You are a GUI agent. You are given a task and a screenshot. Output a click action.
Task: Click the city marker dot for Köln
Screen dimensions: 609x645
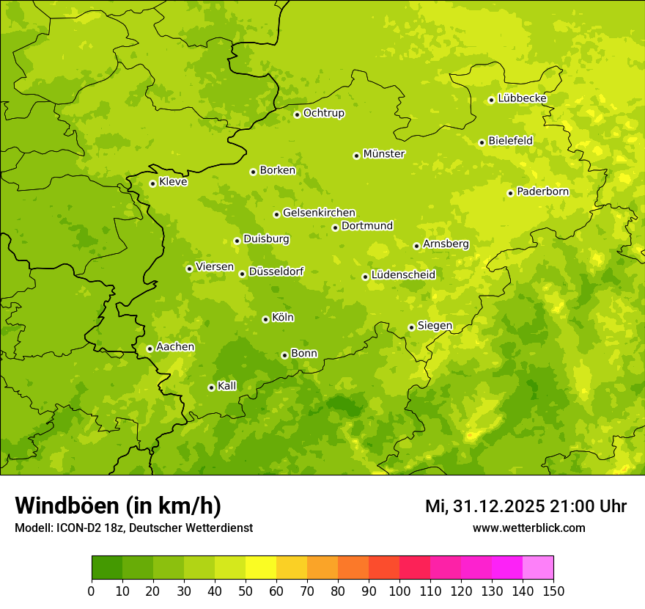[x=265, y=319]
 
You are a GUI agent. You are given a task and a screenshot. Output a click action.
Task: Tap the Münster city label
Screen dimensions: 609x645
[x=384, y=154]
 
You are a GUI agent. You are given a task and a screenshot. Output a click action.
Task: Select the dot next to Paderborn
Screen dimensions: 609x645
[x=510, y=193]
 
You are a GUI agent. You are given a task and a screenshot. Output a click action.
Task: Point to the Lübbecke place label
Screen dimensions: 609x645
[x=522, y=98]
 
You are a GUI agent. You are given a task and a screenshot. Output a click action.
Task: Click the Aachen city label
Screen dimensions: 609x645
[x=175, y=347]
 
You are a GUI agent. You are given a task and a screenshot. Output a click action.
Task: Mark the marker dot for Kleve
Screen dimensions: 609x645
[x=152, y=183]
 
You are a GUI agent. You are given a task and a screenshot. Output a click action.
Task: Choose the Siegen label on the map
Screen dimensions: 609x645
[x=435, y=326]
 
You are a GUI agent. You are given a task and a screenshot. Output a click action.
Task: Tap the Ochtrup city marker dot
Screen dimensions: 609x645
[x=297, y=114]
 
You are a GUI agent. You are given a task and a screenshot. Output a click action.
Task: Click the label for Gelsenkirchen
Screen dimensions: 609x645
[x=319, y=213]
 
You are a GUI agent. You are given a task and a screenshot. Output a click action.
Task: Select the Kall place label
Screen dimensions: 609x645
[x=226, y=386]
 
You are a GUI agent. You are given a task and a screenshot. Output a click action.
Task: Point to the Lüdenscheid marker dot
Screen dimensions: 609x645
[x=365, y=277]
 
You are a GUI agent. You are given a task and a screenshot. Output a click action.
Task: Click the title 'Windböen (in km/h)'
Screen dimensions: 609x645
[x=118, y=506]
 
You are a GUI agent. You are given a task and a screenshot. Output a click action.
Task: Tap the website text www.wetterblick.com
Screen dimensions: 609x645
[x=528, y=528]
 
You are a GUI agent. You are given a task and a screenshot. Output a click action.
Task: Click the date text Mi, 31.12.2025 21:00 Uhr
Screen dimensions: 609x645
[x=526, y=506]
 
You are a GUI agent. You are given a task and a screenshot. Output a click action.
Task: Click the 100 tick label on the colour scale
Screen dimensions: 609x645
[x=399, y=591]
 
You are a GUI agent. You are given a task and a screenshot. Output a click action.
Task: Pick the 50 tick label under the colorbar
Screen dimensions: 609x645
[x=246, y=591]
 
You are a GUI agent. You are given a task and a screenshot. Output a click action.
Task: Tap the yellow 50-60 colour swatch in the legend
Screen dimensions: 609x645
[x=261, y=568]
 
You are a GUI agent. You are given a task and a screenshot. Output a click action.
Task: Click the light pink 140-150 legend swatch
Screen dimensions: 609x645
[x=538, y=568]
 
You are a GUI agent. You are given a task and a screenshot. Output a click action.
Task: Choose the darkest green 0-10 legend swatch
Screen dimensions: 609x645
[x=107, y=568]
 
